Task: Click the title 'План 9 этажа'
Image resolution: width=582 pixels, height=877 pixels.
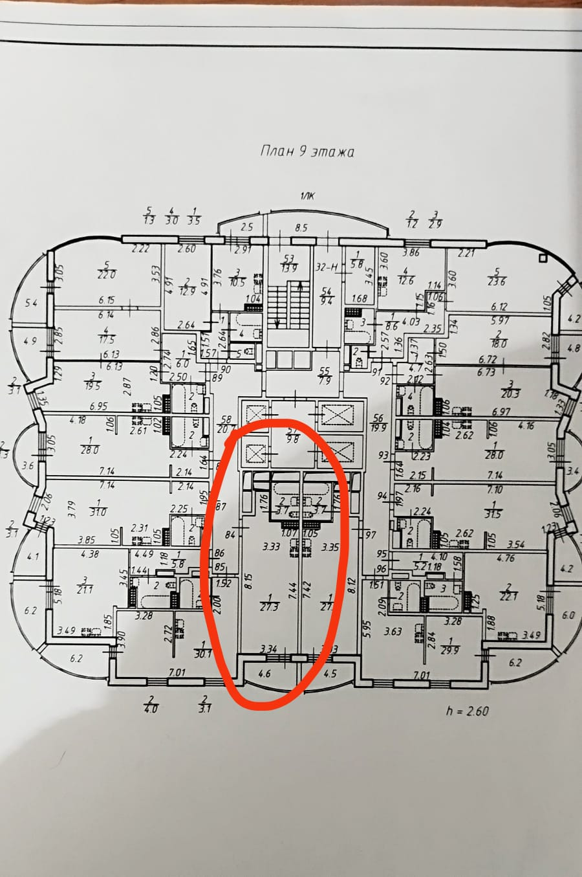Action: click(307, 152)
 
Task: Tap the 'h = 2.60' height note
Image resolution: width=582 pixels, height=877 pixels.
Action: click(466, 711)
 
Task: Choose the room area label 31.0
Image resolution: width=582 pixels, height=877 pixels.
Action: click(99, 512)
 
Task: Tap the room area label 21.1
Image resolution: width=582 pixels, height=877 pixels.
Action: click(84, 588)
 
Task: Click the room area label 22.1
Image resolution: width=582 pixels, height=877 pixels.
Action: click(508, 595)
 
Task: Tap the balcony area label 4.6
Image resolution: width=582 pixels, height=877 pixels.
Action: click(264, 673)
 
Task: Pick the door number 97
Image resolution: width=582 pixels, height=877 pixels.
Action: click(371, 534)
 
